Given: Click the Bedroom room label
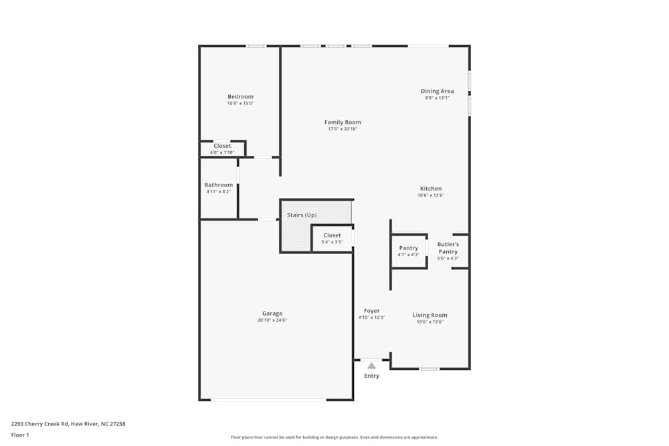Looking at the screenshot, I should coord(240,96).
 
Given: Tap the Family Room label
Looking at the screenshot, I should coord(343,122).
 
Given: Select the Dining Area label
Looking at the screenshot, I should coord(437,91).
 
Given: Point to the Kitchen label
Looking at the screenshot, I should coord(430,189).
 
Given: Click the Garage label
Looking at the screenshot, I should coord(272,313).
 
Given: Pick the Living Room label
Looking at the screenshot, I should coord(429,315).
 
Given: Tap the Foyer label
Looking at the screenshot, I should coord(371,311).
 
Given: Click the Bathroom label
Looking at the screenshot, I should coord(218,185).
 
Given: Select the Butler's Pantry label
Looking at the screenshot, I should coord(448,248).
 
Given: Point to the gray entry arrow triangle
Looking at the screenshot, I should coord(371,366).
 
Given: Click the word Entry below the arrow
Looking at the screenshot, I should coord(371,376).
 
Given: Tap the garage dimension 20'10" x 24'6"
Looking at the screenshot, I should coord(272,320).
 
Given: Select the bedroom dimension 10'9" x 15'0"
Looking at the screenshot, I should coord(240,104).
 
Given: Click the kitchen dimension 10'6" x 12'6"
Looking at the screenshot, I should coord(430,195).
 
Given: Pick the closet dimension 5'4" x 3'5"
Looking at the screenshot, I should coord(332,242).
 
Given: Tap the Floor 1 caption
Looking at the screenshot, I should coord(20,435).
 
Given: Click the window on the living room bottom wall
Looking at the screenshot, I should coord(429,368).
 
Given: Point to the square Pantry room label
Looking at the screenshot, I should coord(408,248).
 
